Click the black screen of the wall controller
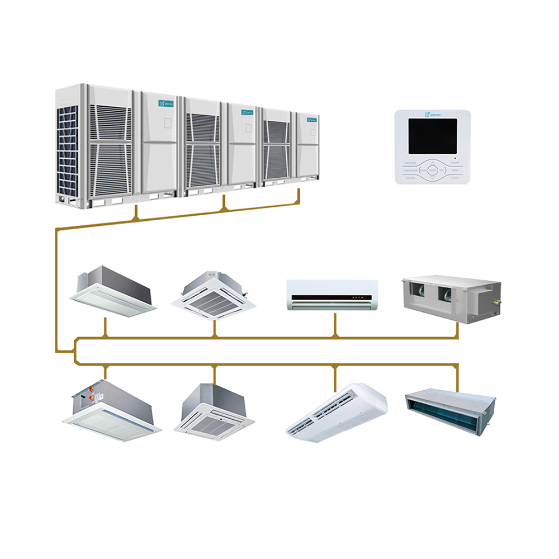point(432,136)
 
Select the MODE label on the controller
point(456,169)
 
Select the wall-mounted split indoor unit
point(332,294)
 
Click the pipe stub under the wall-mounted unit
point(335,324)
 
